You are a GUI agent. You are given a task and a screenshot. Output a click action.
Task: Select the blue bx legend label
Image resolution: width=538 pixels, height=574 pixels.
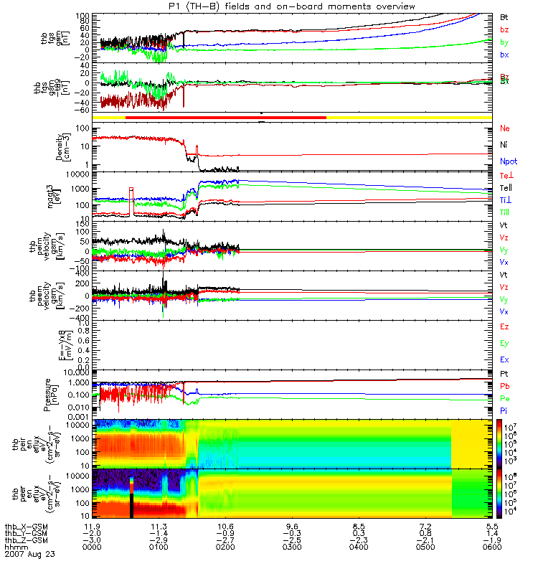[504, 55]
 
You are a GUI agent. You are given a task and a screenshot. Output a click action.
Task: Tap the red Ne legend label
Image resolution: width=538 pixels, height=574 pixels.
[504, 128]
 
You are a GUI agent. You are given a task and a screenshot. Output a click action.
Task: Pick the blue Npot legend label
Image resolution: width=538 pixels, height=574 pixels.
[508, 163]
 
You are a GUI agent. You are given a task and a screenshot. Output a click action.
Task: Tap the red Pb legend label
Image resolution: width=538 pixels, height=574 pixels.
[504, 387]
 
